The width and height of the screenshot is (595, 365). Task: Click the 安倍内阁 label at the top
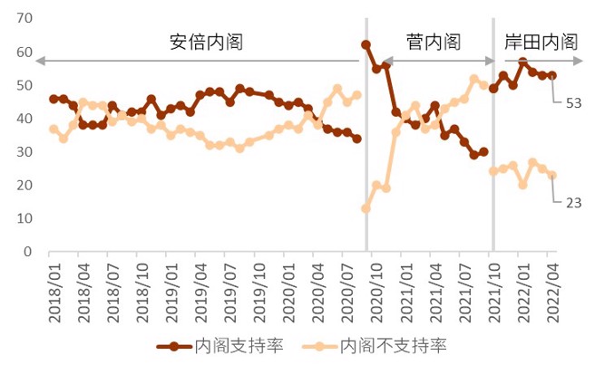(x=207, y=42)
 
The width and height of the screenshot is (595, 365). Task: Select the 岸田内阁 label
(x=541, y=42)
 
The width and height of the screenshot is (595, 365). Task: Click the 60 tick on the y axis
(x=24, y=53)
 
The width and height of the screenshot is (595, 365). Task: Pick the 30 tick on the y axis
(x=24, y=152)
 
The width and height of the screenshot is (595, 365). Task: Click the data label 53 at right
(x=573, y=103)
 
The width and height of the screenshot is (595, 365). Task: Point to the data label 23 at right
(x=573, y=203)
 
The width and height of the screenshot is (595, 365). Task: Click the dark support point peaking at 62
(x=366, y=44)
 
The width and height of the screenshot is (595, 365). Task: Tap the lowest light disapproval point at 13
(x=366, y=208)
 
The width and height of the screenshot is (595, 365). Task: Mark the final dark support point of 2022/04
(x=552, y=76)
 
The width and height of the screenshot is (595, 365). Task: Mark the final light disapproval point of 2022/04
(x=552, y=176)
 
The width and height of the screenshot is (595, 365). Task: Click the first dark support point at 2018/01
(x=54, y=99)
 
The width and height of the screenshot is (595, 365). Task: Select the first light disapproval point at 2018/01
(x=54, y=129)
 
